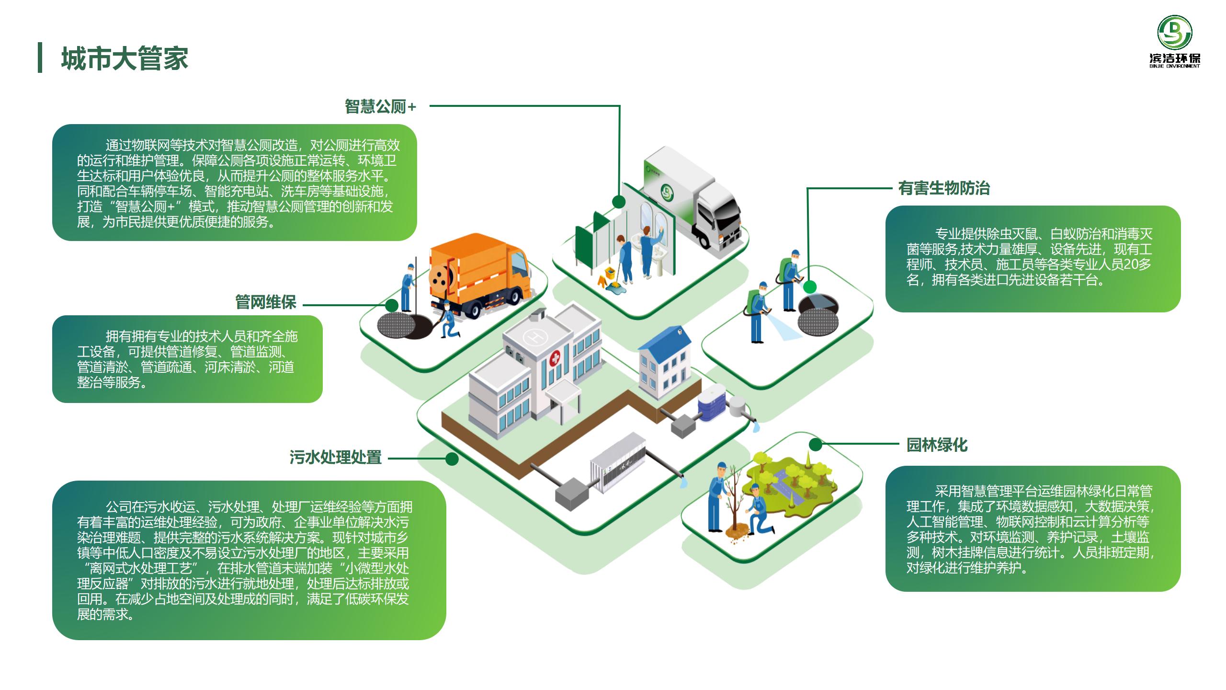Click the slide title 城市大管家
pos(125,58)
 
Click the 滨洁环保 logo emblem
pos(1175,33)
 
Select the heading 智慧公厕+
pos(380,106)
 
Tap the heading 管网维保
pos(266,302)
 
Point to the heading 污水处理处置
pos(335,457)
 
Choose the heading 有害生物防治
pos(944,188)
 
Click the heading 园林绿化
pos(937,445)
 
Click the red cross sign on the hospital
pos(556,358)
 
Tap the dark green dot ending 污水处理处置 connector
pos(452,459)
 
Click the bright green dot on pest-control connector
pos(809,287)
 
